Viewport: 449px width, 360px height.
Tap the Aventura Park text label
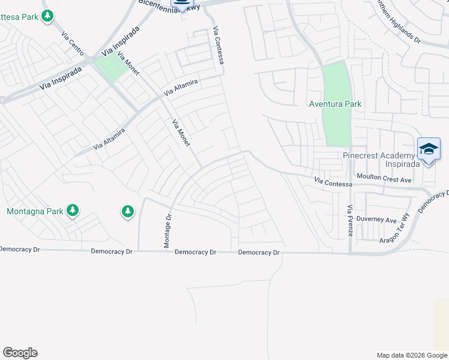click(335, 104)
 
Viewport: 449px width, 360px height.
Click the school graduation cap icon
click(429, 149)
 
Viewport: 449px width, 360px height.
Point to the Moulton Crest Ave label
click(384, 179)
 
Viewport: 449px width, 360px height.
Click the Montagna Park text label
click(35, 211)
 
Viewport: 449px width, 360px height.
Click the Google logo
click(20, 353)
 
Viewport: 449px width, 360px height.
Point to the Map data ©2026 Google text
click(411, 355)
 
